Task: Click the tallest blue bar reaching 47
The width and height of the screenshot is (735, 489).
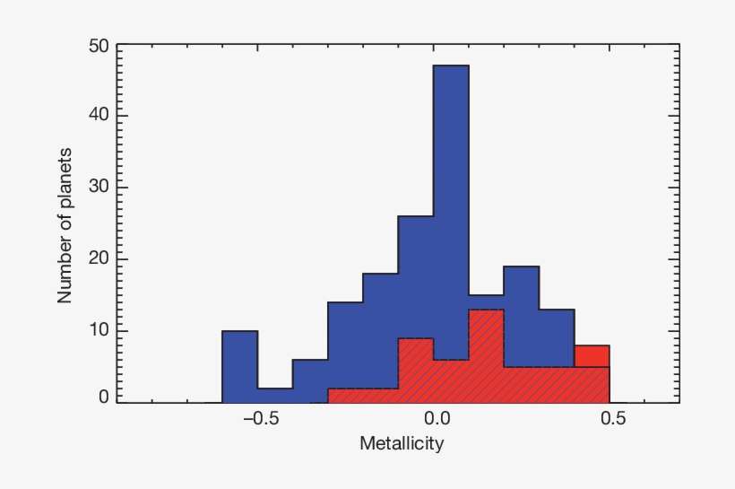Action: [451, 179]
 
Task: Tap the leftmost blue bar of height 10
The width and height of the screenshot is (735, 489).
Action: [239, 366]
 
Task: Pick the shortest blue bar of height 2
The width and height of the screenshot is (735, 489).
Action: [274, 395]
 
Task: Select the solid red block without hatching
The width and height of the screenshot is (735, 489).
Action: [592, 355]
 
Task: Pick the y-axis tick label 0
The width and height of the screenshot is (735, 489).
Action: [103, 396]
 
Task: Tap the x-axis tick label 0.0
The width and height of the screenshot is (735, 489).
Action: [436, 419]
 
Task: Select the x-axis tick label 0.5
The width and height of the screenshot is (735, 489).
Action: [610, 419]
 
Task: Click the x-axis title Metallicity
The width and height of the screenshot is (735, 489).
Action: [402, 443]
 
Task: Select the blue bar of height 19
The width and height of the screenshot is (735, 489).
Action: [521, 314]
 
